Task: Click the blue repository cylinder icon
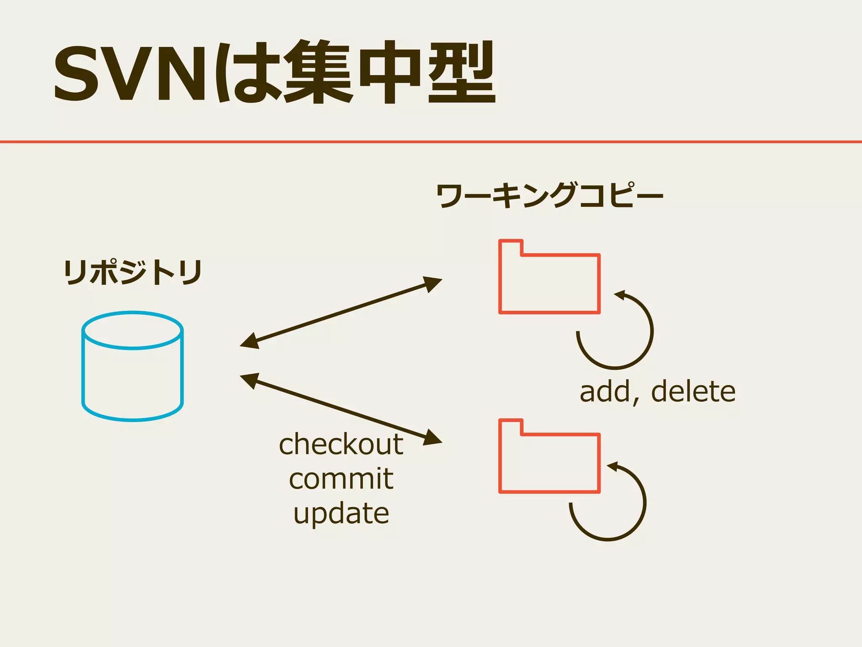point(133,366)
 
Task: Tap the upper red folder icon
point(549,282)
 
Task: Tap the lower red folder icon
point(549,461)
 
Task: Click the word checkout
point(341,444)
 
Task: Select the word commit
point(341,479)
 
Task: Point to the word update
point(341,513)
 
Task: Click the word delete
point(693,391)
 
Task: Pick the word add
point(605,391)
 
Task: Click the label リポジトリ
point(133,273)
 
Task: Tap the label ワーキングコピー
point(549,196)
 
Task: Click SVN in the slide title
point(130,74)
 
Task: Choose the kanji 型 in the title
point(462,72)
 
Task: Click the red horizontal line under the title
point(431,142)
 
